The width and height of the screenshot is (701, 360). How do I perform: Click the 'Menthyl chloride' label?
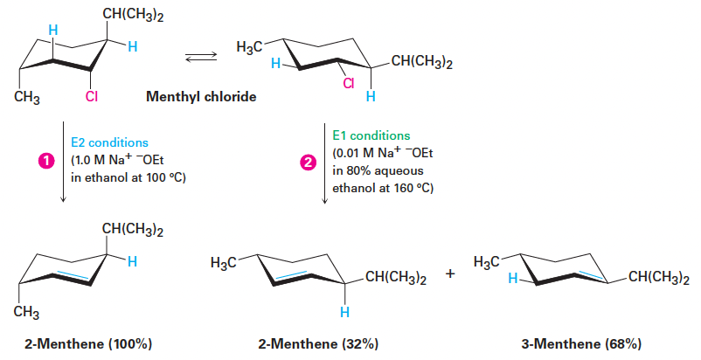[200, 97]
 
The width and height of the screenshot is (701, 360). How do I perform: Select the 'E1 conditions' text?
[371, 136]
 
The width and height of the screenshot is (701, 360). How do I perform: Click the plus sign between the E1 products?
[450, 275]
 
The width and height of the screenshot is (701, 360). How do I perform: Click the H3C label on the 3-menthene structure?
[488, 261]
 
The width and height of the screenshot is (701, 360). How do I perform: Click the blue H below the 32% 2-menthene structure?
[344, 312]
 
